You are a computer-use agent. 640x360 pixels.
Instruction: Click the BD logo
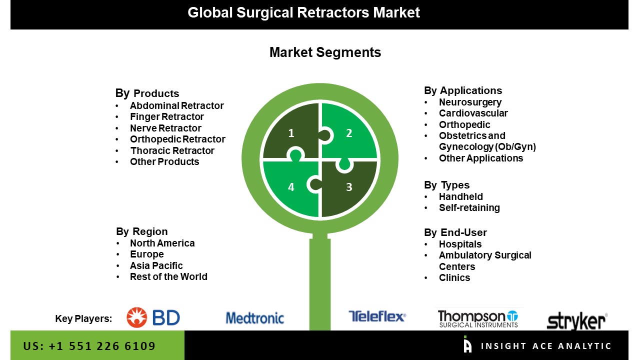pyautogui.click(x=153, y=317)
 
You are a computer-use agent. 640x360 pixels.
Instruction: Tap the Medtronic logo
pyautogui.click(x=255, y=318)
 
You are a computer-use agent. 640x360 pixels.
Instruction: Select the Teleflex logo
pyautogui.click(x=377, y=316)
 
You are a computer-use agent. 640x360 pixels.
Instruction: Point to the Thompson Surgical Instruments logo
pyautogui.click(x=478, y=318)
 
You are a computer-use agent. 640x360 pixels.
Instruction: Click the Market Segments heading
pyautogui.click(x=325, y=52)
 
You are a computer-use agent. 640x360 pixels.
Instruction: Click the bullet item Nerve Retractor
pyautogui.click(x=165, y=128)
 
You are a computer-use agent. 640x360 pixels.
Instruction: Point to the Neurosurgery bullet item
pyautogui.click(x=470, y=102)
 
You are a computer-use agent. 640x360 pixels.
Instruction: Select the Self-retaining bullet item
pyautogui.click(x=469, y=207)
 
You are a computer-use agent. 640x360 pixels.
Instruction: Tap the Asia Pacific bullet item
pyautogui.click(x=156, y=265)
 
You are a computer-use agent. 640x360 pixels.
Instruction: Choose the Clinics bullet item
pyautogui.click(x=454, y=277)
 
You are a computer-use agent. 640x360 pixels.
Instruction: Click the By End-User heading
pyautogui.click(x=455, y=232)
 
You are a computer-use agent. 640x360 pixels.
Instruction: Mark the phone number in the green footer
pyautogui.click(x=89, y=346)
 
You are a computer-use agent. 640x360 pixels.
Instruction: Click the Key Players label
pyautogui.click(x=83, y=319)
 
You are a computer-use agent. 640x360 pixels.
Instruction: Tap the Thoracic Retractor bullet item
pyautogui.click(x=172, y=150)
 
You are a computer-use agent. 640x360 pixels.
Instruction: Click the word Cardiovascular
pyautogui.click(x=473, y=113)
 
